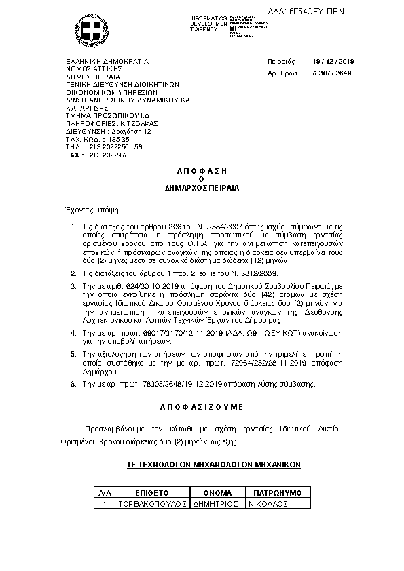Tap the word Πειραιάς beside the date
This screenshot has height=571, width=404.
coord(280,61)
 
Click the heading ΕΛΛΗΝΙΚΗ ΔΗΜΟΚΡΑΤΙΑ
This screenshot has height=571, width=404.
coord(107,61)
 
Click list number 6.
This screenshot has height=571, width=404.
coord(73,385)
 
